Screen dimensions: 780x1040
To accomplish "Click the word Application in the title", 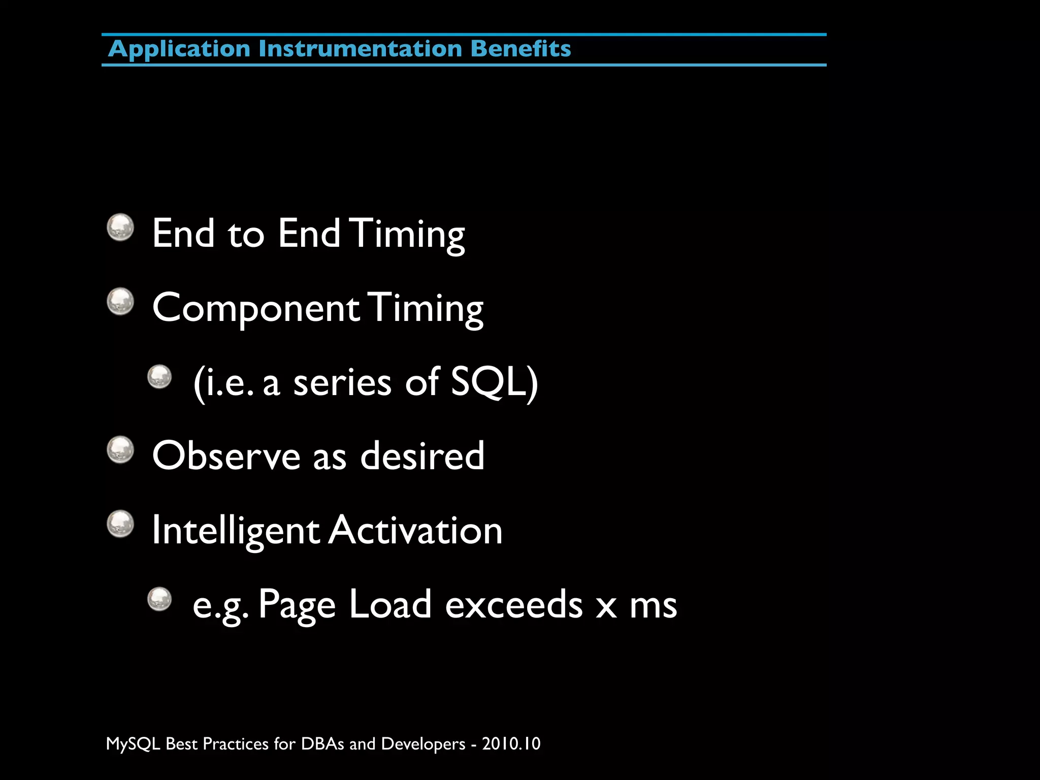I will tap(179, 49).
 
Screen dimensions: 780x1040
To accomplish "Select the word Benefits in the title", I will tap(521, 49).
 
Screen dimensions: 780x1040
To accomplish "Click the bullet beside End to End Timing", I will tap(120, 227).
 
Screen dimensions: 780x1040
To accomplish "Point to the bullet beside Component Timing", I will tap(120, 302).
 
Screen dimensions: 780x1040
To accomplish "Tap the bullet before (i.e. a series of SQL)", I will tap(160, 377).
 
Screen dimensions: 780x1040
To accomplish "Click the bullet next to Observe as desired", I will tap(120, 450).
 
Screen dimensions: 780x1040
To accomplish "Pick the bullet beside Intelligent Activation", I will tap(120, 524).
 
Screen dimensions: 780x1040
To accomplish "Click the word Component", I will tap(256, 309).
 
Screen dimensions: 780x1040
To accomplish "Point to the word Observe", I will tap(226, 456).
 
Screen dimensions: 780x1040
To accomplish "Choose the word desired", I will tap(422, 456).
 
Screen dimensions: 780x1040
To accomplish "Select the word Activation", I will tap(415, 530).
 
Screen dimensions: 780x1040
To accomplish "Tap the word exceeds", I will tap(514, 604).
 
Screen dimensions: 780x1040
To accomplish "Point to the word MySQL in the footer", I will tap(133, 744).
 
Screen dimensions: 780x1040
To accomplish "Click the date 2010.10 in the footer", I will tap(511, 743).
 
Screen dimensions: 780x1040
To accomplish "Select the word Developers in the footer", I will tap(423, 744).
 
